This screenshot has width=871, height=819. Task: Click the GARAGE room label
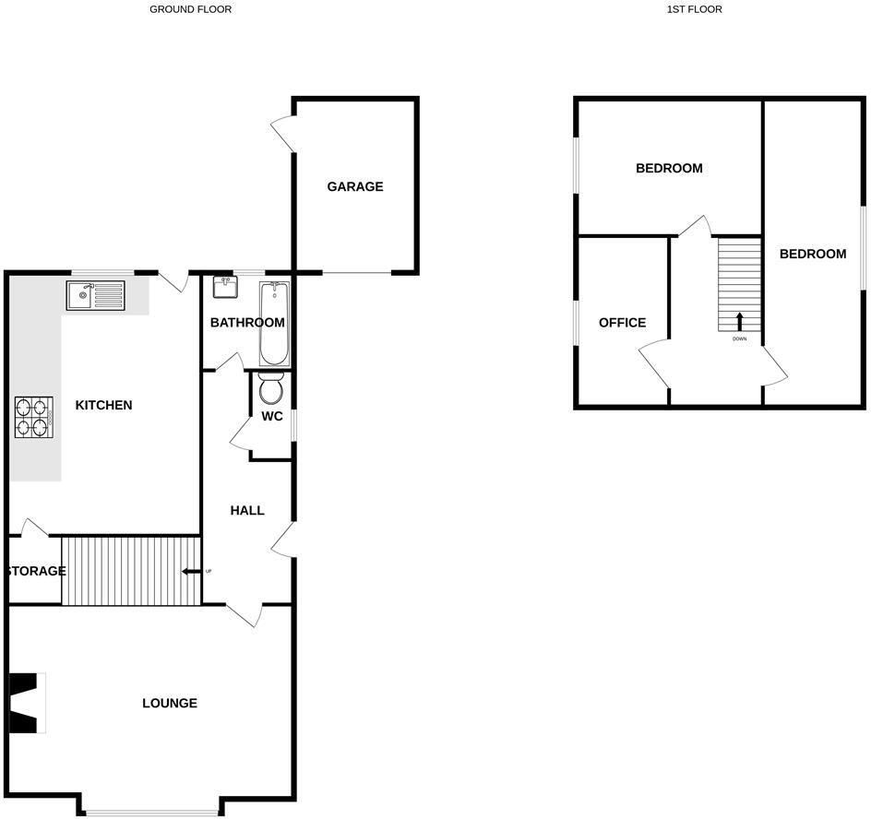[354, 186]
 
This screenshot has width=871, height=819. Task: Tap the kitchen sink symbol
[95, 296]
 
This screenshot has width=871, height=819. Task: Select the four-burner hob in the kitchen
[33, 416]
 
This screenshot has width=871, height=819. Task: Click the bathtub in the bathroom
[274, 324]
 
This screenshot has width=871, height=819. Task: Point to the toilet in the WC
[271, 389]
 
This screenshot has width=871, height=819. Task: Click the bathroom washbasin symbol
[224, 288]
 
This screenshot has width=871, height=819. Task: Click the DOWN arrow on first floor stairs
[739, 322]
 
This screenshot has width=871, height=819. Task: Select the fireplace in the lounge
[26, 703]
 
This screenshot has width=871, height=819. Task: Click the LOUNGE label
[170, 703]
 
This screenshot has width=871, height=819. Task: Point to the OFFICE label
[622, 323]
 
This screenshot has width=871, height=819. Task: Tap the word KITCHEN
[103, 405]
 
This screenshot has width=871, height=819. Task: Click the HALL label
[247, 510]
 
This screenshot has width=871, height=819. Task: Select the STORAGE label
[37, 571]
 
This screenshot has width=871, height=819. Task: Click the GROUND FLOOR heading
[191, 9]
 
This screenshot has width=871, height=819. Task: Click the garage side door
[282, 136]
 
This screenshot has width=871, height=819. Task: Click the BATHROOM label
[247, 323]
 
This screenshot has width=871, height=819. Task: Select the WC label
[271, 417]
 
